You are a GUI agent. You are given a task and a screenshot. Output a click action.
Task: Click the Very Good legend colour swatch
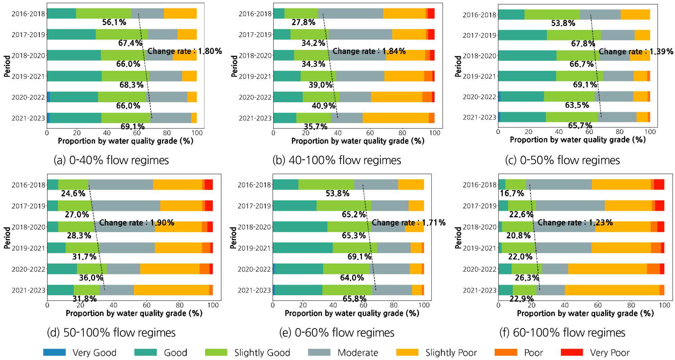pyautogui.click(x=54, y=352)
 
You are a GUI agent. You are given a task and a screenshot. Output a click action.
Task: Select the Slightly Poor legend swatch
pyautogui.click(x=407, y=352)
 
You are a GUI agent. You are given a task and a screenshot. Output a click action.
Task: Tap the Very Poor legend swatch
pyautogui.click(x=572, y=352)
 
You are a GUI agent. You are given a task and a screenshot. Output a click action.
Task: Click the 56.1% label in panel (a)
pyautogui.click(x=114, y=22)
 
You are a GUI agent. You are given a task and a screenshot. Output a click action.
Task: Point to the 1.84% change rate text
pyautogui.click(x=369, y=51)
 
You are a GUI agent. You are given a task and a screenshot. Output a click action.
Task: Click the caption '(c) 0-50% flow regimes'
pyautogui.click(x=562, y=160)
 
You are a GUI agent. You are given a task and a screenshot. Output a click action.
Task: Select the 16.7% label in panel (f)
pyautogui.click(x=511, y=193)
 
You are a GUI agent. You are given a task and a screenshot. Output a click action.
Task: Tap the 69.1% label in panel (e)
pyautogui.click(x=359, y=257)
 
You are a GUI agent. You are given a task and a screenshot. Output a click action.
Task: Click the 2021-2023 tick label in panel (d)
pyautogui.click(x=28, y=290)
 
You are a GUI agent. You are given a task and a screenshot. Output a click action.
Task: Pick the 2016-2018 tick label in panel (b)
pyautogui.click(x=255, y=14)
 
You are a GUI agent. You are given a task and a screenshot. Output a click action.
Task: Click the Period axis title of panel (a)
pyautogui.click(x=7, y=66)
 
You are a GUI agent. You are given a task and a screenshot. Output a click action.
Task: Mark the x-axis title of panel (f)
pyautogui.click(x=585, y=313)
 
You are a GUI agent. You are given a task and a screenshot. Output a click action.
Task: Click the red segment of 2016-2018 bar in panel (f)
pyautogui.click(x=659, y=185)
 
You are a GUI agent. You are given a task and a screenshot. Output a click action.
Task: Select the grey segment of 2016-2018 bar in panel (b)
pyautogui.click(x=350, y=13)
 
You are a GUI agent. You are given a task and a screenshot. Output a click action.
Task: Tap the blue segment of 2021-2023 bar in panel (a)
pyautogui.click(x=48, y=118)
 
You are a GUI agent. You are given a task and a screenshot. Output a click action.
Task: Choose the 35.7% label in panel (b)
pyautogui.click(x=316, y=127)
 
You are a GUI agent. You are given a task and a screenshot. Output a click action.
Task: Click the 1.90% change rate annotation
pyautogui.click(x=137, y=223)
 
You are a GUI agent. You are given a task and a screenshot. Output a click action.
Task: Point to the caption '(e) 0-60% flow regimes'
pyautogui.click(x=336, y=333)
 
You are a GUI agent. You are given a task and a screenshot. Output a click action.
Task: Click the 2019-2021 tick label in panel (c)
pyautogui.click(x=479, y=76)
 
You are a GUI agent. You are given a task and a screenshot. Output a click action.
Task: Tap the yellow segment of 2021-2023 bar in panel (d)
pyautogui.click(x=171, y=290)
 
